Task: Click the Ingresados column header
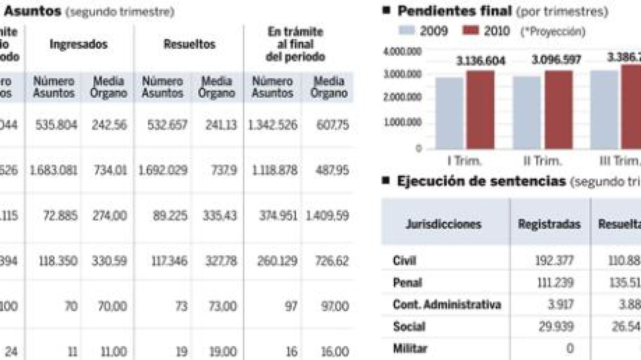click(79, 44)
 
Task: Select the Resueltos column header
click(189, 44)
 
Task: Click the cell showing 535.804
click(56, 125)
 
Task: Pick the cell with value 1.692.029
click(163, 170)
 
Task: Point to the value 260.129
click(277, 261)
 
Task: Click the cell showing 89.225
click(170, 216)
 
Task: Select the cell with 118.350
click(58, 261)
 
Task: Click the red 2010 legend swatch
click(470, 30)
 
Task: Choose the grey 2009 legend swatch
click(407, 30)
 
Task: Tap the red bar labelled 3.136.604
click(480, 110)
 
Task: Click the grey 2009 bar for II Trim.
click(527, 113)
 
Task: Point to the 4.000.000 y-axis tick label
click(403, 51)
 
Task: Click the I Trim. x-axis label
click(465, 161)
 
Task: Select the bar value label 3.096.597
click(556, 60)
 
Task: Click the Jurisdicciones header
click(443, 224)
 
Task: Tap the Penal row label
click(407, 283)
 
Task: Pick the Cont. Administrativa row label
click(447, 305)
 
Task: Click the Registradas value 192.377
click(554, 261)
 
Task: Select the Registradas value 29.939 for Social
click(556, 327)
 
